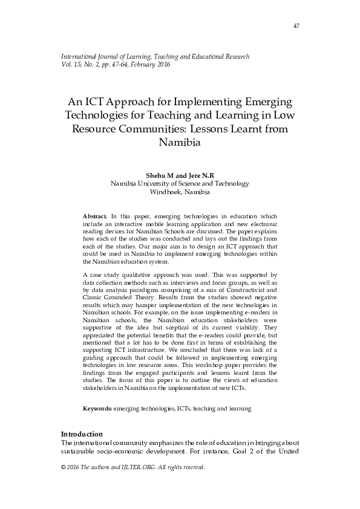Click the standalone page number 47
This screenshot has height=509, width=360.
pyautogui.click(x=296, y=25)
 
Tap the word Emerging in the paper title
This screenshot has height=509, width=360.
pyautogui.click(x=263, y=100)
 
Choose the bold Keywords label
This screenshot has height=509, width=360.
pyautogui.click(x=97, y=409)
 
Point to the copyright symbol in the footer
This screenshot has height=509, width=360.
pyautogui.click(x=64, y=467)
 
